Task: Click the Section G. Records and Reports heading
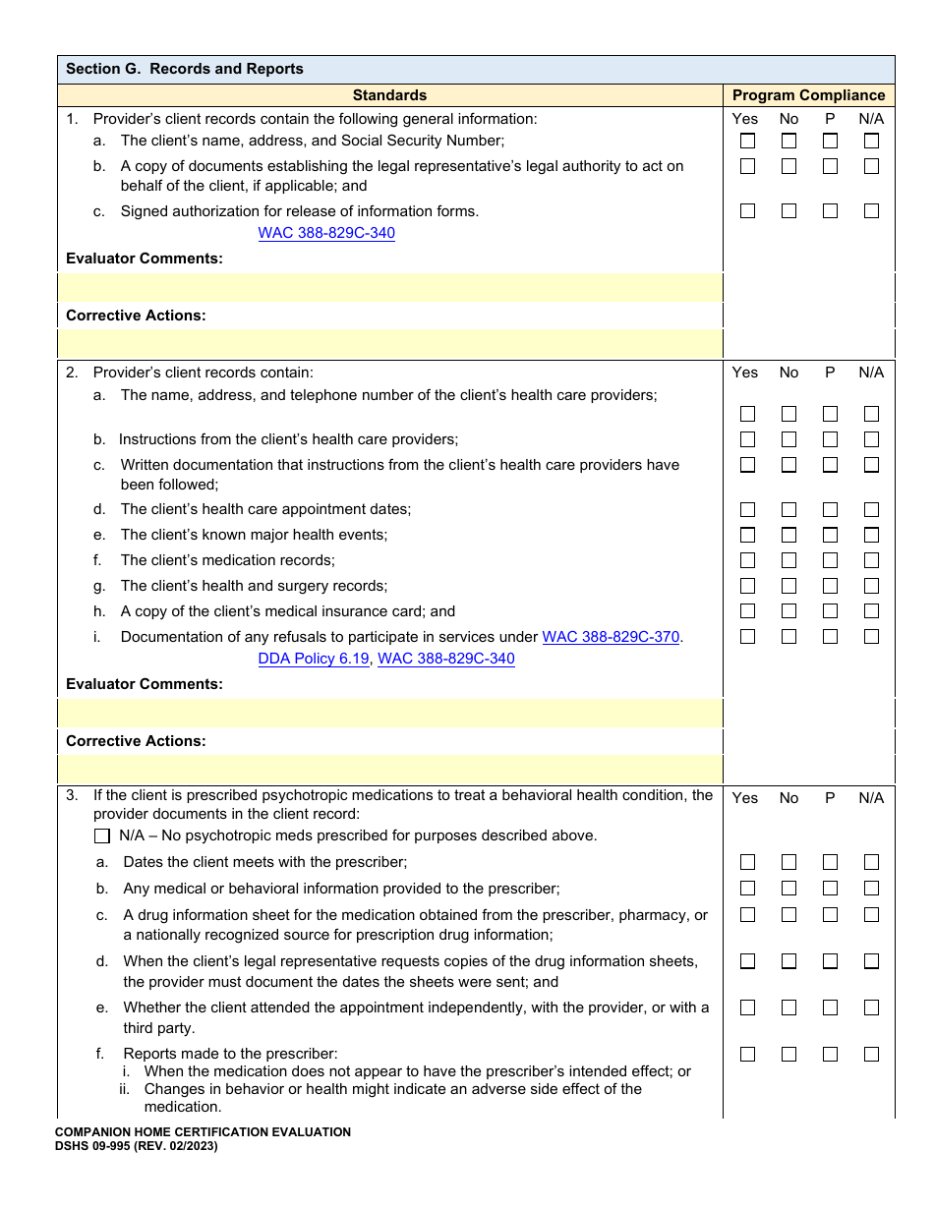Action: point(185,69)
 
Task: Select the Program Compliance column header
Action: point(808,95)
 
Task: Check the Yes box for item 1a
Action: point(747,141)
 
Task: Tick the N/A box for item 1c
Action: point(871,210)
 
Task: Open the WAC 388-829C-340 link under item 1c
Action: point(326,233)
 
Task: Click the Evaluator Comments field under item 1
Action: point(390,287)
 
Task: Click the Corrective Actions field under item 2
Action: point(390,769)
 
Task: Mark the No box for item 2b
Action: point(788,439)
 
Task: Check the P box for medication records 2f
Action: point(830,560)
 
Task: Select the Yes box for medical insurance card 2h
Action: point(747,610)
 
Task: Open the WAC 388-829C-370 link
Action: point(611,637)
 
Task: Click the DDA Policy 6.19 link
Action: point(314,659)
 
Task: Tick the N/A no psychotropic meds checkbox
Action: point(102,836)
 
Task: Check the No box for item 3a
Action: point(788,862)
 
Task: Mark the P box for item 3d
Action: point(830,961)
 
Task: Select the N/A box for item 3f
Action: point(871,1054)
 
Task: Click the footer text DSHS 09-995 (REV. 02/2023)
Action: point(137,1146)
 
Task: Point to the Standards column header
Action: point(389,95)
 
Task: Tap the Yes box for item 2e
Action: point(747,535)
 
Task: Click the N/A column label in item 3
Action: point(871,798)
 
